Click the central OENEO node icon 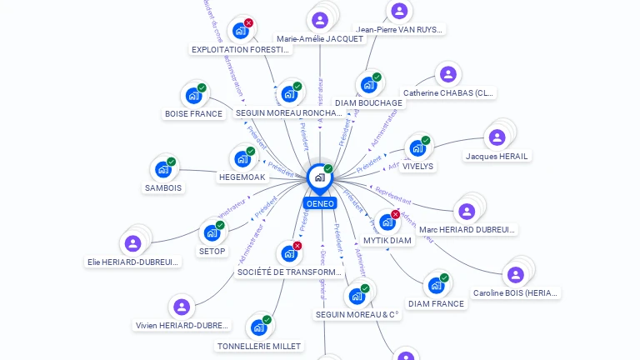click(x=319, y=177)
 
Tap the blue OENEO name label click(x=320, y=203)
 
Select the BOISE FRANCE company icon click(x=194, y=95)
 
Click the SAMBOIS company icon click(x=163, y=168)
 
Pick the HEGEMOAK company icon click(x=242, y=158)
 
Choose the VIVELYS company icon click(x=417, y=148)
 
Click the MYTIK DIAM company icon click(x=387, y=222)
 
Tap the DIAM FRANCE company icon click(x=436, y=285)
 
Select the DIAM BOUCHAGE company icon click(x=368, y=84)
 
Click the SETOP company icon click(x=212, y=232)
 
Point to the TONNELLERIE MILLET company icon click(x=258, y=327)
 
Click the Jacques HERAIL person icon click(x=497, y=137)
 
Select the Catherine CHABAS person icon click(x=448, y=74)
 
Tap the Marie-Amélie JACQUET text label click(x=320, y=39)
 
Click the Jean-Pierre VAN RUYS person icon click(x=399, y=11)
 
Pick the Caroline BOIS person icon click(x=516, y=274)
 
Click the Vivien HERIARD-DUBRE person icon click(x=181, y=307)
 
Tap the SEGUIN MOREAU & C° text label click(x=357, y=315)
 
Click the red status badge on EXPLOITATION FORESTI click(x=248, y=23)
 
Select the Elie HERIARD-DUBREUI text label click(x=133, y=262)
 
